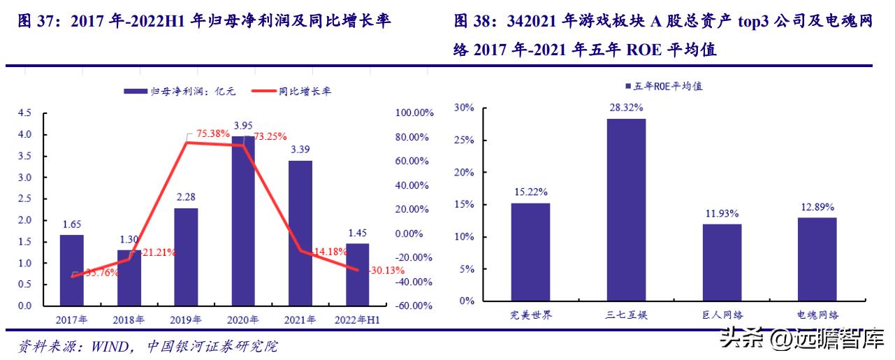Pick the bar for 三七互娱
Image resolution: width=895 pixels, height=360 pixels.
click(x=626, y=210)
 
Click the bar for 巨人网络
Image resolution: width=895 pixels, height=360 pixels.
click(x=722, y=262)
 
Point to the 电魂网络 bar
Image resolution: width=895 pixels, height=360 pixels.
click(x=817, y=259)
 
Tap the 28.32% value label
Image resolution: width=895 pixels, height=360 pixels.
click(x=625, y=108)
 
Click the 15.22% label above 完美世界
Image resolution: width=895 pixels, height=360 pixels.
click(x=530, y=192)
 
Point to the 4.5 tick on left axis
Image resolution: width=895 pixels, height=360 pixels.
click(x=24, y=113)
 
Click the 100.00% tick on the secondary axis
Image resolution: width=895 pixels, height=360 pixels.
click(x=414, y=113)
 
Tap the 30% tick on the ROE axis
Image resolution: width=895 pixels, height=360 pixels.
click(x=464, y=108)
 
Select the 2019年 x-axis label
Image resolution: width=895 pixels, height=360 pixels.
click(x=186, y=320)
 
